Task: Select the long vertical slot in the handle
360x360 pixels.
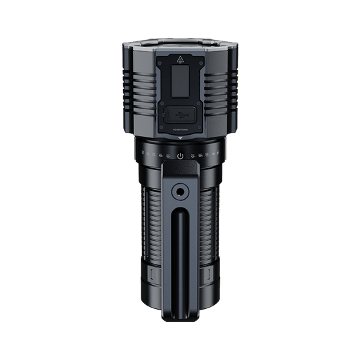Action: coord(180,262)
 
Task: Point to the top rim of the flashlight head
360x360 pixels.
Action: coord(180,41)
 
